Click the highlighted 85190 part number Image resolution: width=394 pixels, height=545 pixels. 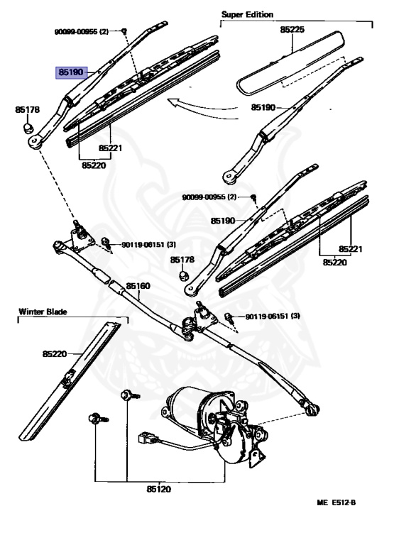(71, 72)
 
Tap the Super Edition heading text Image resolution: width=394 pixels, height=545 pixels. (247, 15)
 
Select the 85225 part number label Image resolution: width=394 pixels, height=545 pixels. (292, 30)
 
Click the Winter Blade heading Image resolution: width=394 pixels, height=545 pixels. (43, 312)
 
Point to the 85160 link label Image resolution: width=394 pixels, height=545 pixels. (138, 286)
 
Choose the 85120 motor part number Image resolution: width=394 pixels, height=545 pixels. (158, 489)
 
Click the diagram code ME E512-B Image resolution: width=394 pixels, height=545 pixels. (336, 502)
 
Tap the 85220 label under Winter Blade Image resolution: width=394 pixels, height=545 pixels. (55, 354)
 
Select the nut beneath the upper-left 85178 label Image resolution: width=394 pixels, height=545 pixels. (28, 128)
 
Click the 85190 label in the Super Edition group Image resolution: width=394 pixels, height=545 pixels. (263, 107)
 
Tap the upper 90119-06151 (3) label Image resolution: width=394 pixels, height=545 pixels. (148, 245)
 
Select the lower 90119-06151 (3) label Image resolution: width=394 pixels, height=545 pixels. (273, 316)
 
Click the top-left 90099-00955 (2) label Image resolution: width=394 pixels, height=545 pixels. (82, 32)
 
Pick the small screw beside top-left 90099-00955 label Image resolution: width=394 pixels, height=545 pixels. (124, 31)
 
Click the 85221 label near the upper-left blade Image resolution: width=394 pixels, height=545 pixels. (110, 148)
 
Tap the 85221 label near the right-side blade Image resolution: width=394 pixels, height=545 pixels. (351, 249)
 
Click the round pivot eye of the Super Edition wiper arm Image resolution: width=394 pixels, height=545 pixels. (229, 177)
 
